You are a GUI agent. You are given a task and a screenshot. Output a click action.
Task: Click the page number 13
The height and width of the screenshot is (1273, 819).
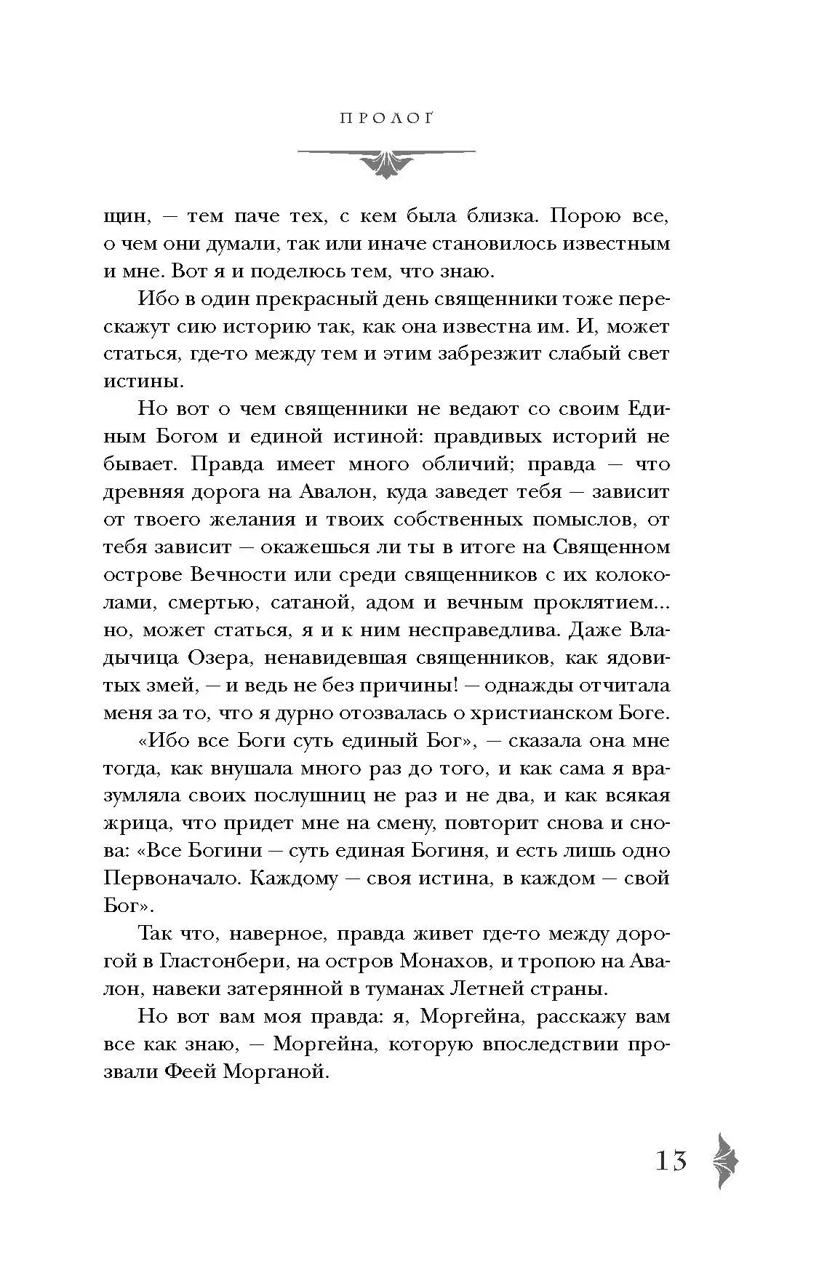671,1159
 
